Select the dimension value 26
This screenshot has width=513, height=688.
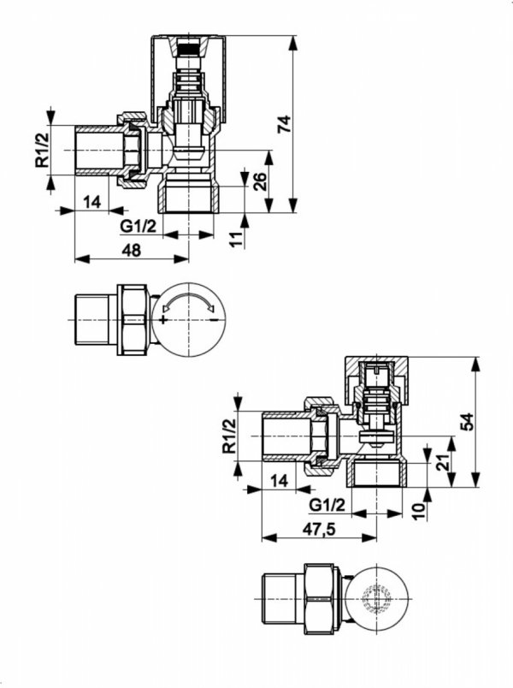pos(259,181)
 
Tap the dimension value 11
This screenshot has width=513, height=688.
pos(236,239)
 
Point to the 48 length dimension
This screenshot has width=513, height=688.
pos(131,250)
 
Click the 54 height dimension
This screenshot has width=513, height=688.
pos(467,422)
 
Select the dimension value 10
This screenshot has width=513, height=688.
pos(419,512)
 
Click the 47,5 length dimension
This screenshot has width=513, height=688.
pos(319,530)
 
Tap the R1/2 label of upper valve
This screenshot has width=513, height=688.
pos(43,150)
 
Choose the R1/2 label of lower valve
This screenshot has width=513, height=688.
pos(229,436)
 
